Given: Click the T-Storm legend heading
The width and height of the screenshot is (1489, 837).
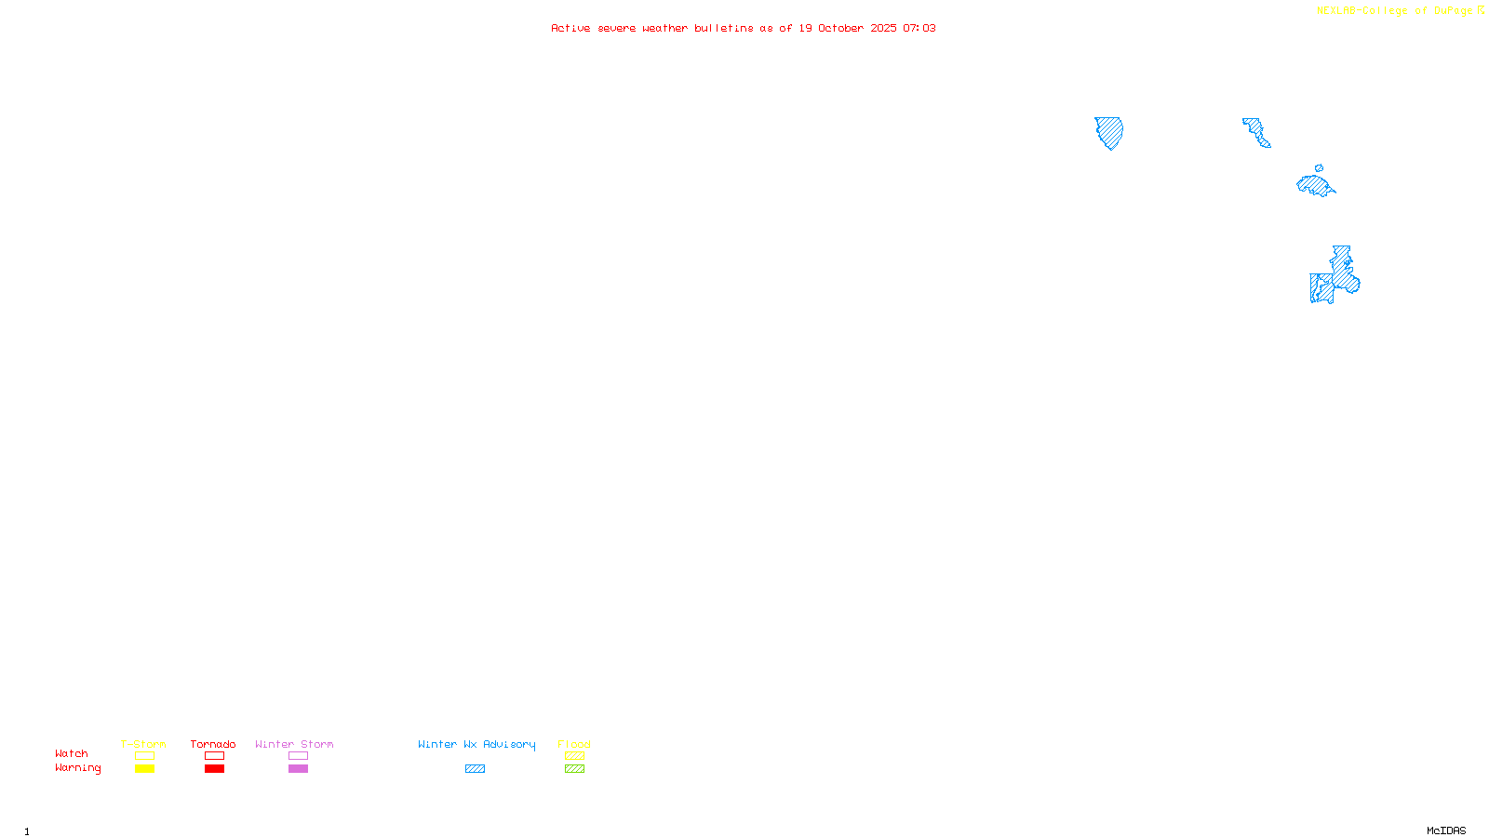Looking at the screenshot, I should (143, 744).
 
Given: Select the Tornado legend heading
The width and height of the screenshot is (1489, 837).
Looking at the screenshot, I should (213, 744).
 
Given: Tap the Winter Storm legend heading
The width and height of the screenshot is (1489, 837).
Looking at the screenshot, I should (294, 744).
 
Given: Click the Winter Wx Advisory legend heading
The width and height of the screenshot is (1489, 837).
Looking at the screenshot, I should (476, 744).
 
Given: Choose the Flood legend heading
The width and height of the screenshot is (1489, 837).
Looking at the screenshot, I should (574, 744).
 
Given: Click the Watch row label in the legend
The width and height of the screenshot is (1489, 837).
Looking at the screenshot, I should (72, 754).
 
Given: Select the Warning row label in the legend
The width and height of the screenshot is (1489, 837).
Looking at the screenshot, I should (78, 768).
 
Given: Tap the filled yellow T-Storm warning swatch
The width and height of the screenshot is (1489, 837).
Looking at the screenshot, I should (144, 769).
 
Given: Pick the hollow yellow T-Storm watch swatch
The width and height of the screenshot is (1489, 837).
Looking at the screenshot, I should (144, 756).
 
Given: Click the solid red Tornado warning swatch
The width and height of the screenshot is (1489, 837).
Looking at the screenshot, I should (215, 769).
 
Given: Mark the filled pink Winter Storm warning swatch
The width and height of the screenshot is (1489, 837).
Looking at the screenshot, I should (298, 769).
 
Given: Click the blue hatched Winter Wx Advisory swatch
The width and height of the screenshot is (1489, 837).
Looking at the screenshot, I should (475, 769).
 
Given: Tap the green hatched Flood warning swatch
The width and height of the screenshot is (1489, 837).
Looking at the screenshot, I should (574, 769).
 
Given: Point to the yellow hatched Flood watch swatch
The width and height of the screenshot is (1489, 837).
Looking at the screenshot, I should (574, 756).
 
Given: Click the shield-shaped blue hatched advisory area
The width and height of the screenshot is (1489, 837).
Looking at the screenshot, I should (1108, 131).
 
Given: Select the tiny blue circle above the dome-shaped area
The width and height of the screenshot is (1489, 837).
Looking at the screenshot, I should (1319, 168).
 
